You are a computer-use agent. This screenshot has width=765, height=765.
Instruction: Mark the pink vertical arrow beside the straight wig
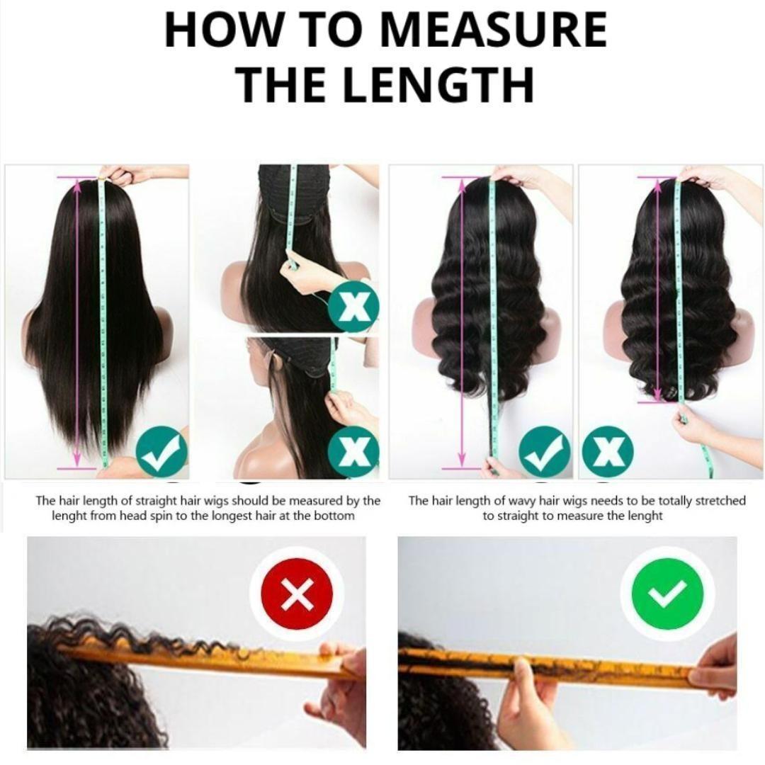pyautogui.click(x=76, y=322)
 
